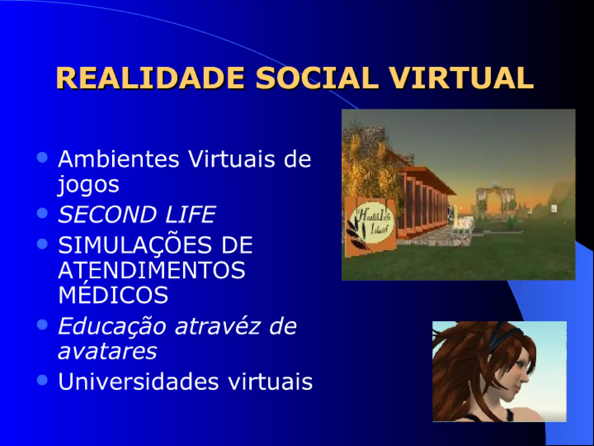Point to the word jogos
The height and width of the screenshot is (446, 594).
(x=88, y=185)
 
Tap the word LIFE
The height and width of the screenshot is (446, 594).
(x=191, y=214)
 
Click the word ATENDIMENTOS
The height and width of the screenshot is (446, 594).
(x=152, y=270)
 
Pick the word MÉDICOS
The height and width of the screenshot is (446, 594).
(x=113, y=294)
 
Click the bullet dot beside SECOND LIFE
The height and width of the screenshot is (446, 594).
(x=42, y=213)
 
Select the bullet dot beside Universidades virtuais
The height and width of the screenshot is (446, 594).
(x=42, y=380)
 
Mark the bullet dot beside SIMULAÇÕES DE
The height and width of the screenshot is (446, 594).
(x=42, y=244)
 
